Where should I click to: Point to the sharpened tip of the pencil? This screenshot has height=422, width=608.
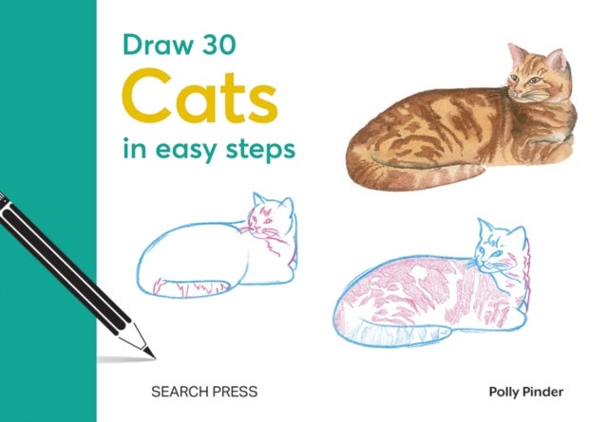(x=151, y=355)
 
